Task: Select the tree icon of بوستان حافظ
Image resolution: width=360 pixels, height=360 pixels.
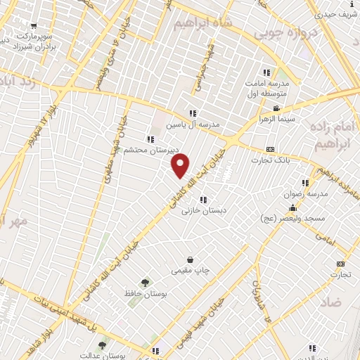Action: click(144, 281)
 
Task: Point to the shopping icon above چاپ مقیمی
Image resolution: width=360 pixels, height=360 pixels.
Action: click(190, 259)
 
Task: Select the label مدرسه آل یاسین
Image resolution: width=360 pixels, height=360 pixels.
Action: click(192, 124)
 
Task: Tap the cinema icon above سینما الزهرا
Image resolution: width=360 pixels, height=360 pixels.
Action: click(277, 108)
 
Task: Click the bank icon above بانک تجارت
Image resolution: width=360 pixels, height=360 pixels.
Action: click(271, 150)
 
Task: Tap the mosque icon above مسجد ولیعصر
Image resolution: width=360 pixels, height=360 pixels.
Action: click(293, 208)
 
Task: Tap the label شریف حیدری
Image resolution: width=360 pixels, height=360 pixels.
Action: click(335, 13)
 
